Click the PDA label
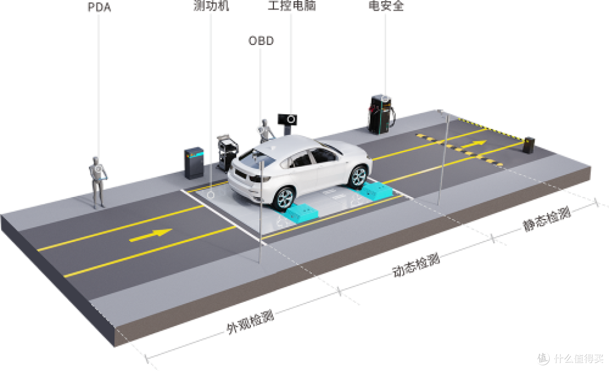[99, 7]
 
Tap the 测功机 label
[211, 6]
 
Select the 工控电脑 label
[292, 6]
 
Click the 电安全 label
[386, 6]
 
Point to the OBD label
[261, 41]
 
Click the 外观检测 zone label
[250, 322]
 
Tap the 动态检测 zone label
[416, 265]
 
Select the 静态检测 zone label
[546, 219]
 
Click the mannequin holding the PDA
[98, 182]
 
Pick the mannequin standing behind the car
[265, 131]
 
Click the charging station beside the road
[381, 114]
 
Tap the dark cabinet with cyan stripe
[194, 163]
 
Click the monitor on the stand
[288, 119]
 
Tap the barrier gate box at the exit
[528, 145]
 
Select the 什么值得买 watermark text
[579, 358]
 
